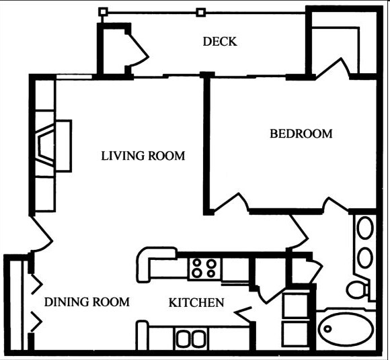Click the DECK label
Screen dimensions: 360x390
click(x=220, y=42)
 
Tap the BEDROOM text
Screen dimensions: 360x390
click(x=301, y=134)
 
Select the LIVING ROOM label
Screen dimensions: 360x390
click(x=143, y=156)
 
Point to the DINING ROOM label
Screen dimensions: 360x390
click(x=87, y=302)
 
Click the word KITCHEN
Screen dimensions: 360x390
click(x=196, y=303)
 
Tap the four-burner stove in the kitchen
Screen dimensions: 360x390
click(x=204, y=268)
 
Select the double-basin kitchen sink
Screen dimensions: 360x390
click(x=190, y=338)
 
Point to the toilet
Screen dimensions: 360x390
click(x=357, y=289)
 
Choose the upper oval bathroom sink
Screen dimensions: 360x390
click(x=364, y=228)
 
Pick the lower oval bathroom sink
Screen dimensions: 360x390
click(x=364, y=257)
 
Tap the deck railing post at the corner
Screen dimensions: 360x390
click(x=102, y=11)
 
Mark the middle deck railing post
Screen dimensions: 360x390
click(x=200, y=11)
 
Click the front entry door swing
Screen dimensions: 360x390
click(x=42, y=235)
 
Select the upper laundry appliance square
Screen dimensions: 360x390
click(x=296, y=306)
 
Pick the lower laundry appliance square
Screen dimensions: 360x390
click(x=296, y=334)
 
